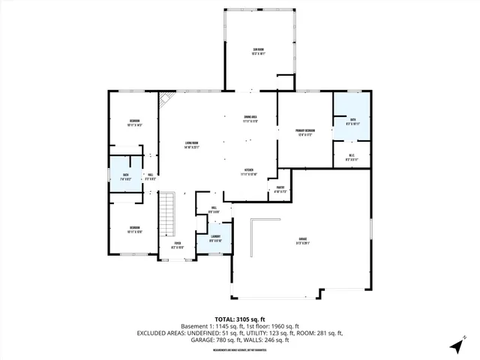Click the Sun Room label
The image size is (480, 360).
pos(257,52)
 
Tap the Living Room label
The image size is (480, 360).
pos(192,145)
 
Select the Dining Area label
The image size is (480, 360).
pos(250,119)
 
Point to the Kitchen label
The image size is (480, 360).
pos(250,172)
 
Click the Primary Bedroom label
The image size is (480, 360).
pos(304,133)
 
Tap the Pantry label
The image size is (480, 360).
pos(280,190)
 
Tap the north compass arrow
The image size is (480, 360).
pos(455,346)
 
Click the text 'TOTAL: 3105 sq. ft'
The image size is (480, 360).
pos(240,319)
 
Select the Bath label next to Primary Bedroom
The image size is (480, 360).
pos(353,122)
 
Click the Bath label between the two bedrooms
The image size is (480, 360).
pos(127,178)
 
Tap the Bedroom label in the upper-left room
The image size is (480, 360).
pos(134,122)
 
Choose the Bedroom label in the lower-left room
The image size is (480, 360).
pos(133,229)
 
